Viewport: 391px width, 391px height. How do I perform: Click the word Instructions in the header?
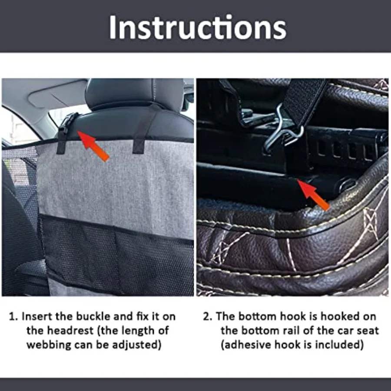(197, 27)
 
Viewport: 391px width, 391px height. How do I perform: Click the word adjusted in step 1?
(138, 345)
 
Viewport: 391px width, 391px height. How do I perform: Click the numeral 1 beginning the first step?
(12, 316)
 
